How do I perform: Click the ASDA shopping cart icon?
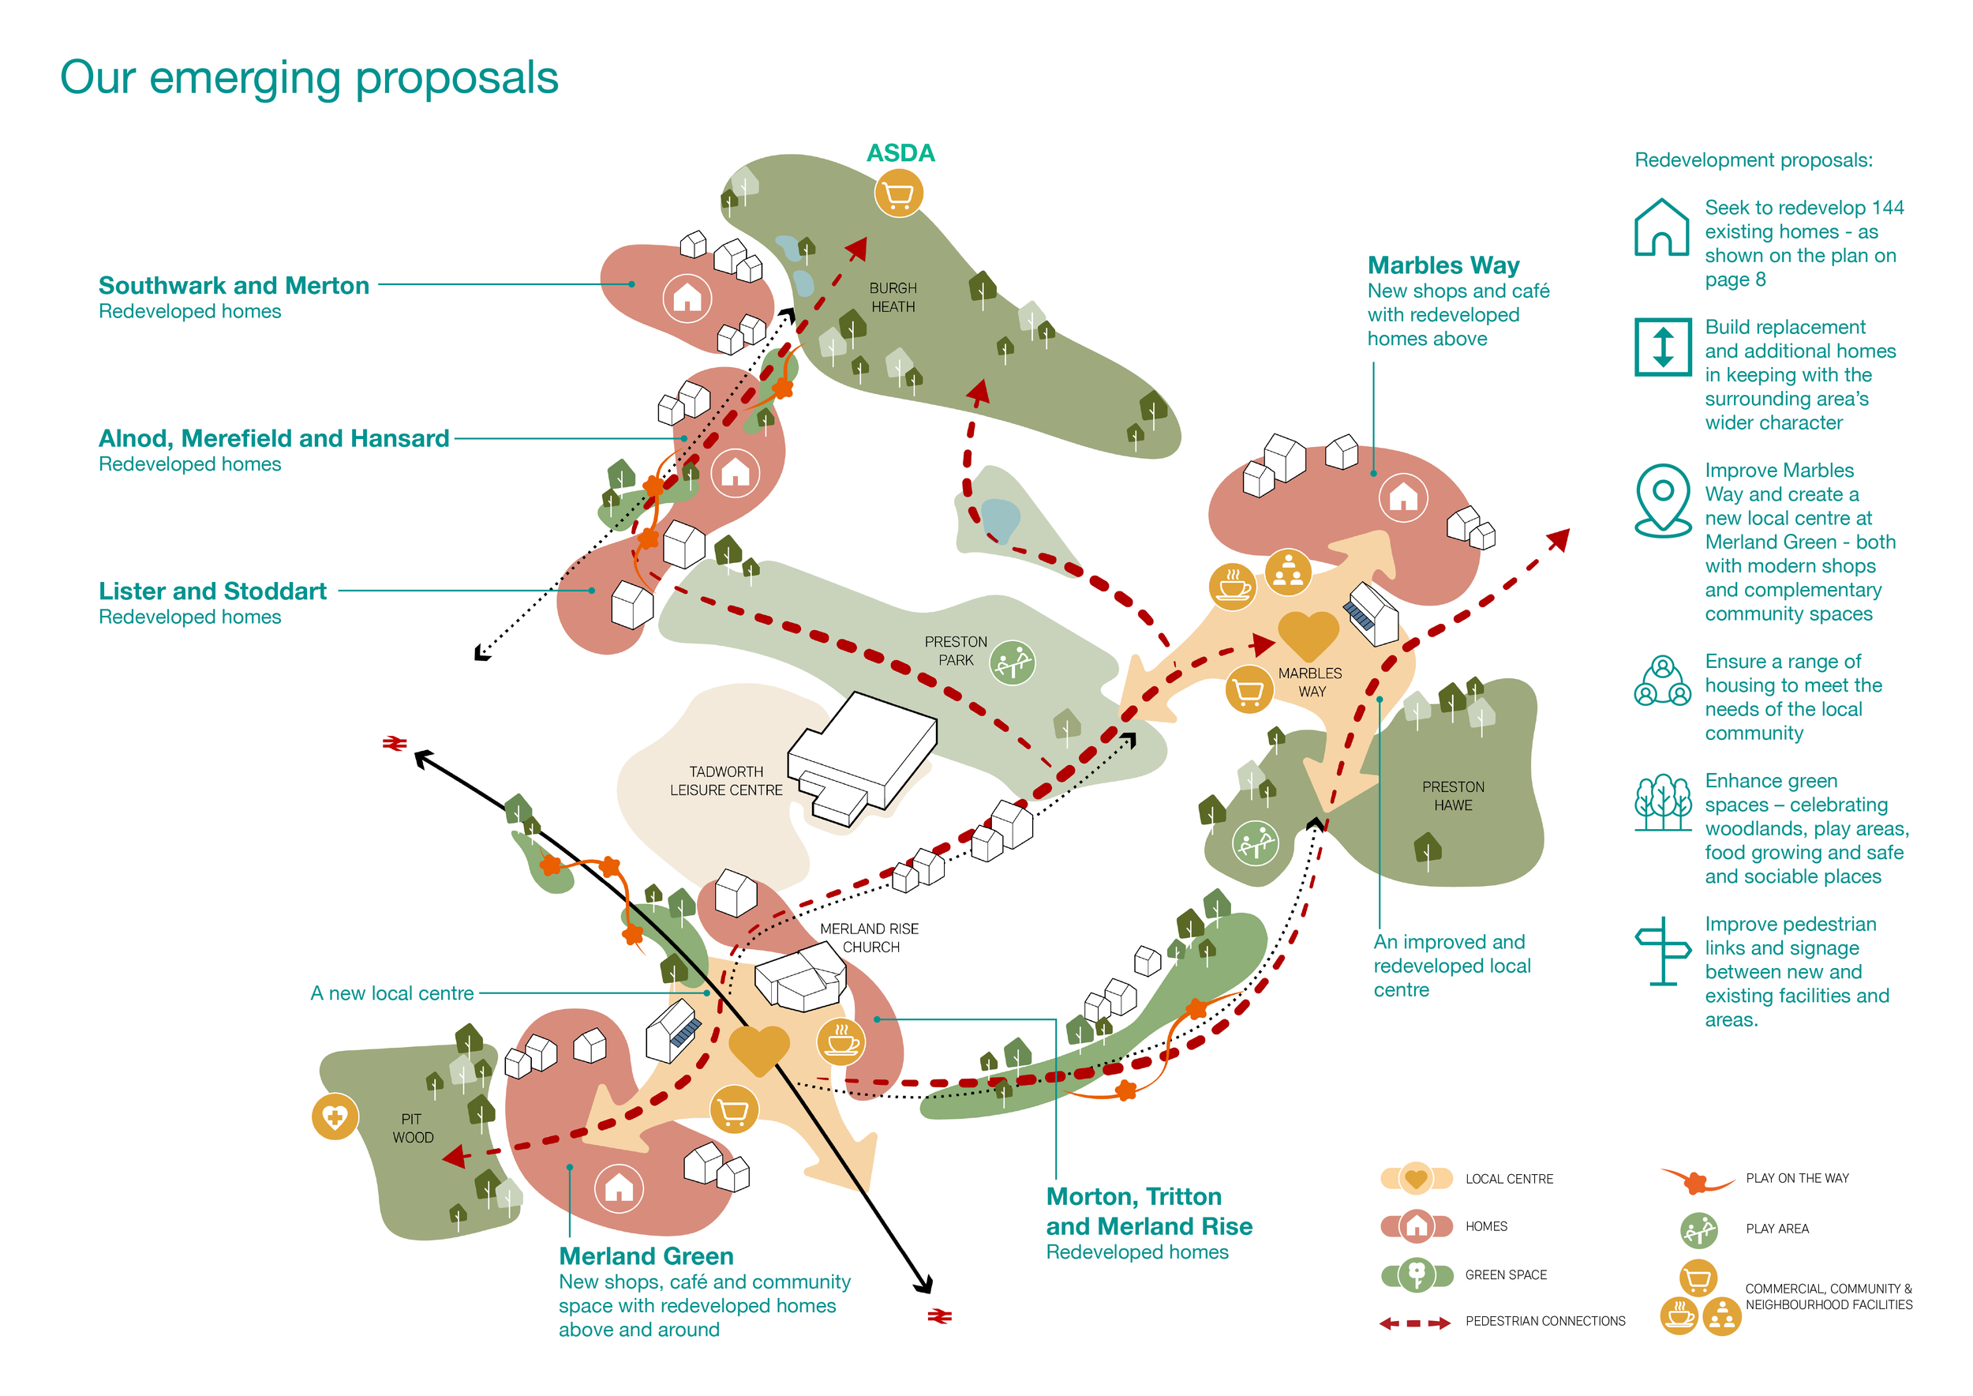coord(898,194)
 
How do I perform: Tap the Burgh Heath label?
coord(893,298)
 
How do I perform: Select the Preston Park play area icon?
coord(1013,662)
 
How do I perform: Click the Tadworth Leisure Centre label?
coord(726,781)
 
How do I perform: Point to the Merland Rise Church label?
coord(870,938)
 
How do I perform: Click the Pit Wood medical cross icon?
coord(335,1116)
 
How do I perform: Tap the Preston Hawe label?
coord(1452,796)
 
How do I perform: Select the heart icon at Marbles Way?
coord(1308,634)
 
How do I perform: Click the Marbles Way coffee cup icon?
coord(1232,587)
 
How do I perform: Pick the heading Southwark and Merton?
coord(234,285)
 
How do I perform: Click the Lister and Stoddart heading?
coord(212,591)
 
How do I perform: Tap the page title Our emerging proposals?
coord(309,78)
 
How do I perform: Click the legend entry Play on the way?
coord(1797,1179)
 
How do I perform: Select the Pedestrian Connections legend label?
coord(1545,1321)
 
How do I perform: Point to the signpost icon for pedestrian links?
coord(1663,951)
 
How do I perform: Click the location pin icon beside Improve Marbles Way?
coord(1663,500)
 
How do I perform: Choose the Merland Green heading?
coord(646,1257)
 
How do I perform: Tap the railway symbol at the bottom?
coord(939,1316)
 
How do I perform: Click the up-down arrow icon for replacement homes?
coord(1663,347)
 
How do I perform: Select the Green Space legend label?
coord(1506,1274)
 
